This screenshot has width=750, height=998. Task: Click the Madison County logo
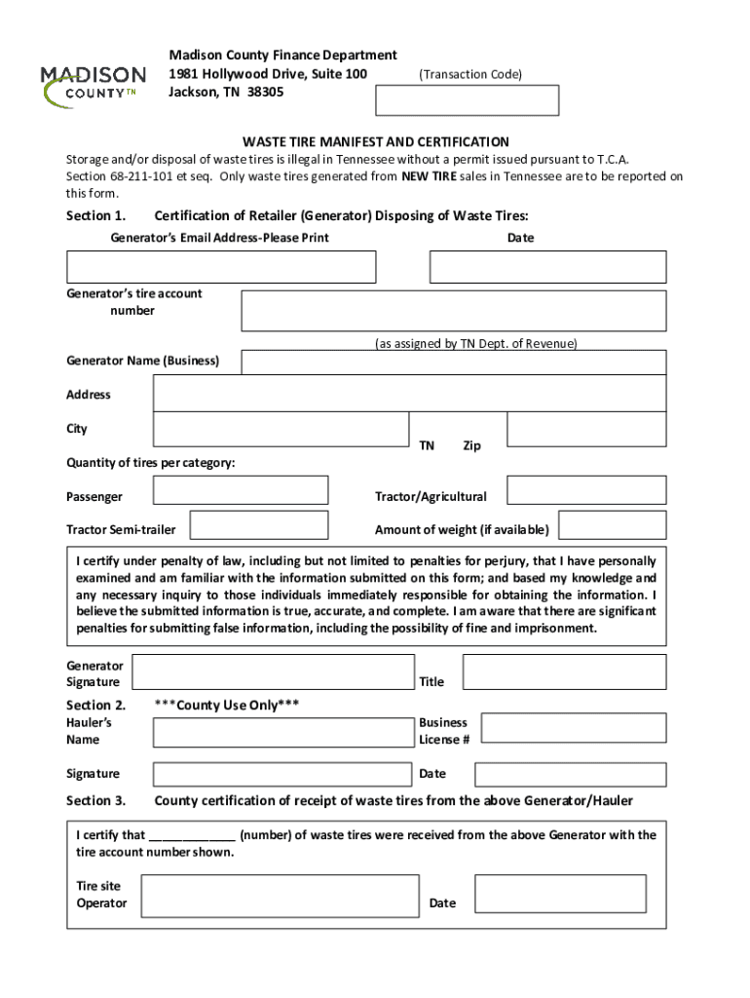tap(93, 85)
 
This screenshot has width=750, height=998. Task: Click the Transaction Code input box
tap(468, 100)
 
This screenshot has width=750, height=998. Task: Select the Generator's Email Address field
tap(221, 267)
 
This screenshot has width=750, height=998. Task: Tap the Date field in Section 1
tap(547, 267)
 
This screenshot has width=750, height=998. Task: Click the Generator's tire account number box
tap(453, 311)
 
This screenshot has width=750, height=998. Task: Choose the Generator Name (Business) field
tap(453, 363)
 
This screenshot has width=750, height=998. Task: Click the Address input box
tap(409, 394)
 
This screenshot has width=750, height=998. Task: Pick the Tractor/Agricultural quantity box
tap(586, 490)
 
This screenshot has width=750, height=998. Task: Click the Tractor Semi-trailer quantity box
tap(257, 525)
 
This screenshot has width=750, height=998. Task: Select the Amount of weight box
tap(613, 525)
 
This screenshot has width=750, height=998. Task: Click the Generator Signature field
tap(273, 672)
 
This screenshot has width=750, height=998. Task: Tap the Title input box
tap(564, 672)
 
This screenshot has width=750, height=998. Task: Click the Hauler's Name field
tap(282, 733)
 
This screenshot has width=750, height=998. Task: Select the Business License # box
tap(574, 728)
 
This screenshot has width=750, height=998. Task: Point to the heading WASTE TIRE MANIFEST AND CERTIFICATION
tap(375, 141)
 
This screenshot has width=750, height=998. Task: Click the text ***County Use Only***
tap(227, 705)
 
